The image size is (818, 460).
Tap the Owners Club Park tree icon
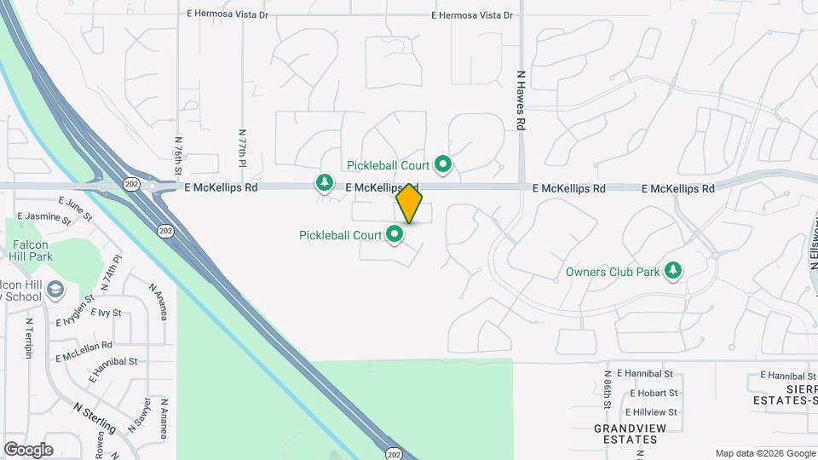point(674,271)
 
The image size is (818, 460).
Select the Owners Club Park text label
point(613,273)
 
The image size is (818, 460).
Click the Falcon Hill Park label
point(32,250)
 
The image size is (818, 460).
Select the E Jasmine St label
point(44,217)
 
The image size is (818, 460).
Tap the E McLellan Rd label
point(84,346)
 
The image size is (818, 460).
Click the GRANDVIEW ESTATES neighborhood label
point(626,434)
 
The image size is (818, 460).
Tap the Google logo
point(28,449)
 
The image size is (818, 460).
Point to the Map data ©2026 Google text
point(764,453)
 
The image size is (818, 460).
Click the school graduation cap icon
point(55,290)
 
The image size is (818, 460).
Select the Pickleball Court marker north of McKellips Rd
point(442,164)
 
